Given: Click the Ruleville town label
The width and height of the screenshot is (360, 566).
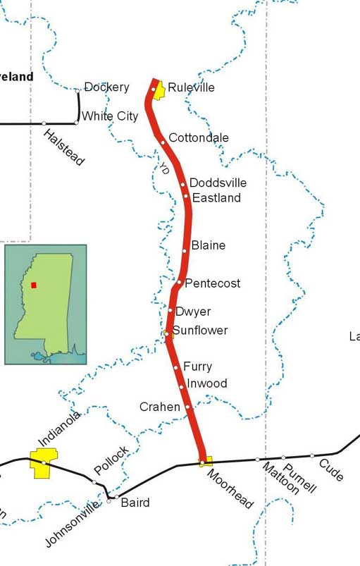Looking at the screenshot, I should (x=190, y=88).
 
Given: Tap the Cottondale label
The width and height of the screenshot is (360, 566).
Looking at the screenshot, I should (x=199, y=137).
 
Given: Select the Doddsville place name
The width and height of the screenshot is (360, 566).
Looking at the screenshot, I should (x=218, y=183).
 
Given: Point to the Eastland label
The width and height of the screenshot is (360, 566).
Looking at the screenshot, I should (x=216, y=198).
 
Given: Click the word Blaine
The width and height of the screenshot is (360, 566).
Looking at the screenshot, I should (x=209, y=245).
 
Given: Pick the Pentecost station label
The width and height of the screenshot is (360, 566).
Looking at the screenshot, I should (x=213, y=283).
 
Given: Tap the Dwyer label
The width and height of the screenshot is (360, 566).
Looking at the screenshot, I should (x=193, y=312).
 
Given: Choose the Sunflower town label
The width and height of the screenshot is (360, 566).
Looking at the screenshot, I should (x=200, y=330).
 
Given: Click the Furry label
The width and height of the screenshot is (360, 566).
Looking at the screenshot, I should (x=197, y=367).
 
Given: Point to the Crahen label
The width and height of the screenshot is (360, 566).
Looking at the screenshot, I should (x=159, y=407).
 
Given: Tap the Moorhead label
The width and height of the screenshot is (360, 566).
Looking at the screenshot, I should (x=230, y=488).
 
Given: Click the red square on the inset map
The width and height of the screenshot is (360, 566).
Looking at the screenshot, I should (x=33, y=285).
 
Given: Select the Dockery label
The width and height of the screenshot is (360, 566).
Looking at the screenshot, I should (x=106, y=87).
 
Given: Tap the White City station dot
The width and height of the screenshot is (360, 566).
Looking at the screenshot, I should (x=76, y=123).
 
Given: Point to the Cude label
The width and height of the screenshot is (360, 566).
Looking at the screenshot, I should (x=331, y=470).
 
